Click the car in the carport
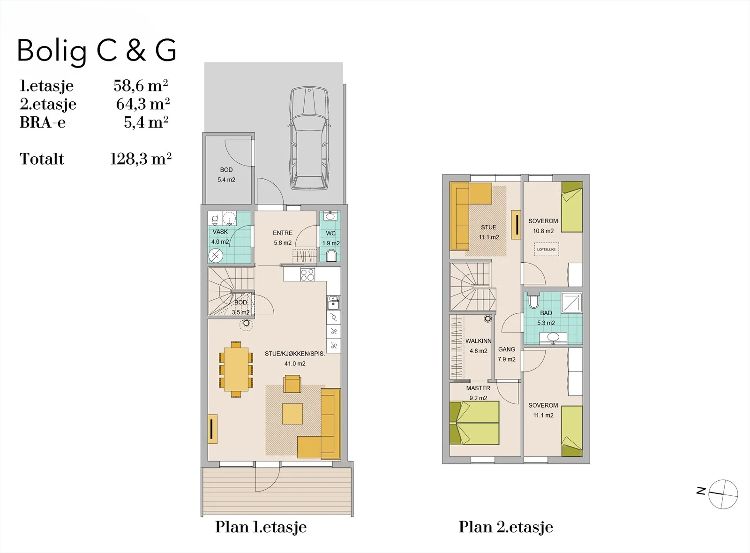[309, 138]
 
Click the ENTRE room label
[283, 233]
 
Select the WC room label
[331, 234]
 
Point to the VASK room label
[220, 232]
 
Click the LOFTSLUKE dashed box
[547, 250]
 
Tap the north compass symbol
[723, 494]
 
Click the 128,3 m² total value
[141, 159]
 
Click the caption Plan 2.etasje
[506, 527]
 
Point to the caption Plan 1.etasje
[261, 527]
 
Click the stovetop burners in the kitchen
[307, 275]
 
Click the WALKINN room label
[479, 341]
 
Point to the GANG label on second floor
[507, 349]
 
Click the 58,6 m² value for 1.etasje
[141, 86]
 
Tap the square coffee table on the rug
[292, 414]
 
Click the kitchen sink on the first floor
[333, 303]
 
